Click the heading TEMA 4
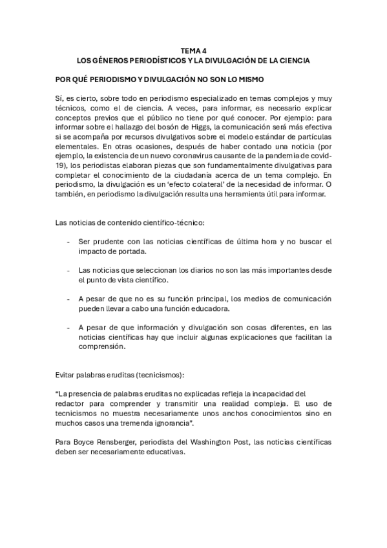(x=193, y=50)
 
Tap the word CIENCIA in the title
(x=292, y=60)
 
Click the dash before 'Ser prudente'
(x=68, y=242)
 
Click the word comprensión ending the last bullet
(x=99, y=346)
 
